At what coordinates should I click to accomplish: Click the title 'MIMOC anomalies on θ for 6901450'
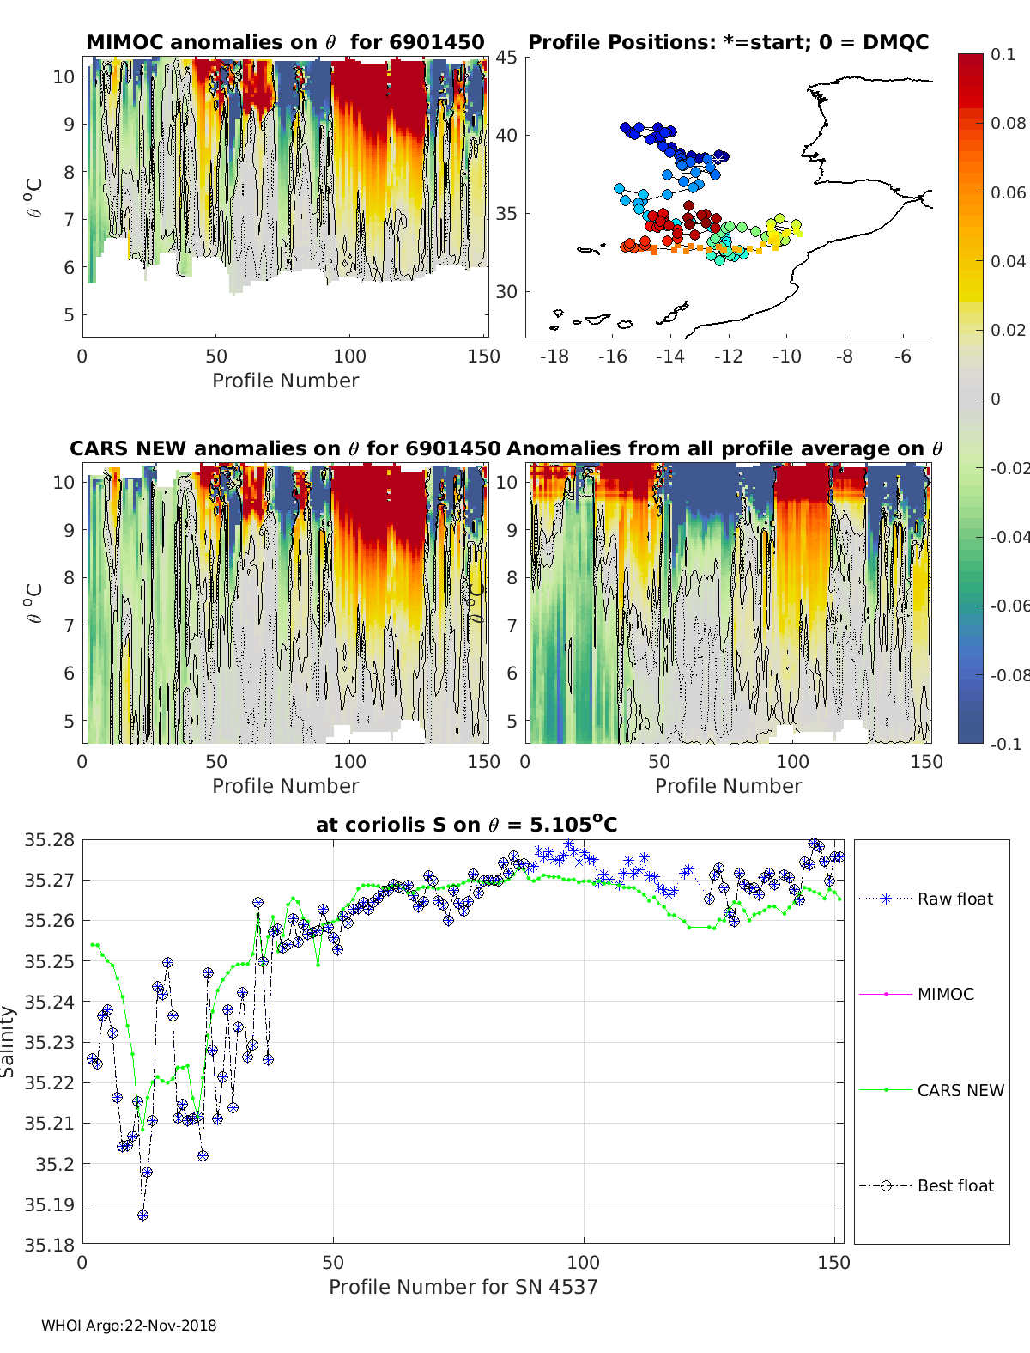(x=285, y=42)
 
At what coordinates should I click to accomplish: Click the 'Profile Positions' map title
(x=728, y=42)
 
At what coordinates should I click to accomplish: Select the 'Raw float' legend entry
(x=954, y=899)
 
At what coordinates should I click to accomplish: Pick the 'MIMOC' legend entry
(x=945, y=994)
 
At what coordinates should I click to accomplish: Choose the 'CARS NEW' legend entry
(x=960, y=1090)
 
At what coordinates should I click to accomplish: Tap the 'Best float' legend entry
(x=955, y=1185)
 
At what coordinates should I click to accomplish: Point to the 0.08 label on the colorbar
(x=1008, y=123)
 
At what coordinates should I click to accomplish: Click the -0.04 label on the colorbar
(x=1009, y=537)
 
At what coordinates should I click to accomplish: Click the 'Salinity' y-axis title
(x=9, y=1041)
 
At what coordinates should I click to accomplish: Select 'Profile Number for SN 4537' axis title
(x=463, y=1287)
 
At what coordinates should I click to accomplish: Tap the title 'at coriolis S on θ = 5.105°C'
(x=466, y=825)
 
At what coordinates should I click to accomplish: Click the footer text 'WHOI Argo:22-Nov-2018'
(x=129, y=1326)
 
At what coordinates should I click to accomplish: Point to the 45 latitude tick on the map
(x=506, y=58)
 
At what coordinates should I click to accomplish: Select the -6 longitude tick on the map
(x=902, y=356)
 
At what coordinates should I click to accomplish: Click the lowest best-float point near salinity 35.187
(x=142, y=1215)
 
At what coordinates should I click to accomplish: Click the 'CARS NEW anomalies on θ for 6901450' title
(x=285, y=448)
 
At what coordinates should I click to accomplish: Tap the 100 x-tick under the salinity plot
(x=584, y=1262)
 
